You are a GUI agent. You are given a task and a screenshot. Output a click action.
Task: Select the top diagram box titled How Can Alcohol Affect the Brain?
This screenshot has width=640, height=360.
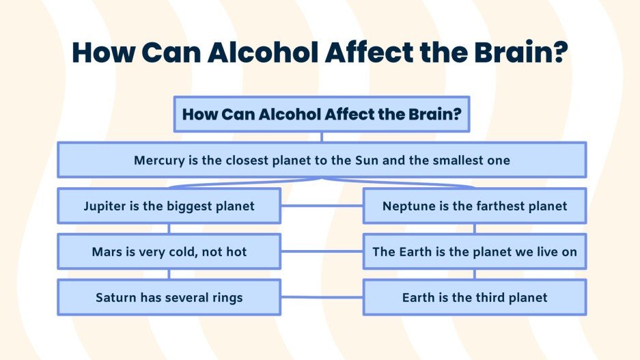322,114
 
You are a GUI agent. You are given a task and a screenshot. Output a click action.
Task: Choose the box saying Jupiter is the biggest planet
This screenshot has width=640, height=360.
169,206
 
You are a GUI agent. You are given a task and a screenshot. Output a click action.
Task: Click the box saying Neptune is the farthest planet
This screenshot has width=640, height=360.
475,206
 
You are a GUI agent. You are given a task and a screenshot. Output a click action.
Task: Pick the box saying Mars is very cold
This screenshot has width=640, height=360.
169,252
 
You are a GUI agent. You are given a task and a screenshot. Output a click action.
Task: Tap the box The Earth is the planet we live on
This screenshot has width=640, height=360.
475,252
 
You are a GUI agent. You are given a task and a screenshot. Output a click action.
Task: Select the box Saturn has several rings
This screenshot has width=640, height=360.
169,297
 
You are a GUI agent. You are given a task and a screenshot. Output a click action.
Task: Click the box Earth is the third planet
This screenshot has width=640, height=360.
475,297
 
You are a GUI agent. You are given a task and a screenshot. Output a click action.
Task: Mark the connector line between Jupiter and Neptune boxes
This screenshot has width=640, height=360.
322,205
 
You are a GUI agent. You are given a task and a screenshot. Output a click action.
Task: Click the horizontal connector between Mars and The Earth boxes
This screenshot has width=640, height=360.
322,251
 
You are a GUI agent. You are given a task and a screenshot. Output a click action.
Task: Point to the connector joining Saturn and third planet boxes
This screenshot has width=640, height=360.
322,297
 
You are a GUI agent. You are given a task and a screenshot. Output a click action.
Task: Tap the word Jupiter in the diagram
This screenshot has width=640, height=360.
106,206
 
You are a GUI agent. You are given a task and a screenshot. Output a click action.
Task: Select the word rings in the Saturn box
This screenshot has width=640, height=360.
225,298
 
